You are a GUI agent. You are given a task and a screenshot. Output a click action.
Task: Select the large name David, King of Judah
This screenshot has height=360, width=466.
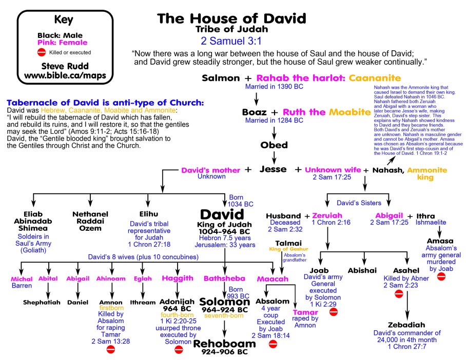(x=225, y=214)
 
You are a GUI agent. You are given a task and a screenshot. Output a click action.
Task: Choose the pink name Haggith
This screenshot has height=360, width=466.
(x=178, y=278)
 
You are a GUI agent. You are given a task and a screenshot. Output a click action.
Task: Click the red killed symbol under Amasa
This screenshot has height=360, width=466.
(x=441, y=276)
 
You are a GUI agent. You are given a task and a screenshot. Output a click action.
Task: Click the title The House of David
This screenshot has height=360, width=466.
(x=231, y=19)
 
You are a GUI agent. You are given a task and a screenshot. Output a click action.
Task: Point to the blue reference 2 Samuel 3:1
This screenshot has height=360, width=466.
(x=231, y=40)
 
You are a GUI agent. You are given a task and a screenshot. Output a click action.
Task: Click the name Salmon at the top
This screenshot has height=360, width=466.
(x=221, y=78)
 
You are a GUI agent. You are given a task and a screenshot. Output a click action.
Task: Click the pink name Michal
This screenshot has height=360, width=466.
(x=22, y=279)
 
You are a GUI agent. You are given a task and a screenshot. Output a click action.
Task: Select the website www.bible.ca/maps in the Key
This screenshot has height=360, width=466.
(x=57, y=76)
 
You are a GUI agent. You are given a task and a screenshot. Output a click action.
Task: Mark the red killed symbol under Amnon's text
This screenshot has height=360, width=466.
(x=110, y=349)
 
